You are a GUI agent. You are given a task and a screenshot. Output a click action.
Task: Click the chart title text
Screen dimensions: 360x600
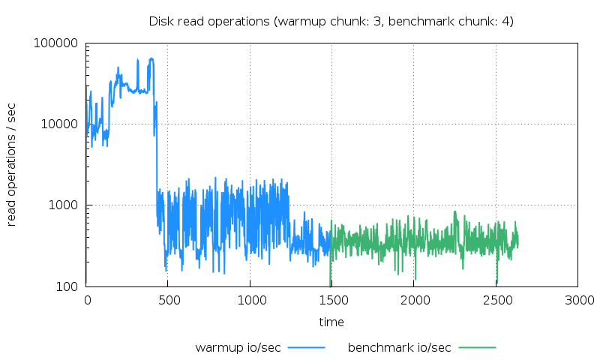click(331, 21)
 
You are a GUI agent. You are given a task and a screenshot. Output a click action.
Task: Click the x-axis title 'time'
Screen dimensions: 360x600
click(331, 322)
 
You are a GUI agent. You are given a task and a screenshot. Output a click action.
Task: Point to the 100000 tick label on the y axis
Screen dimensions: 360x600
click(56, 43)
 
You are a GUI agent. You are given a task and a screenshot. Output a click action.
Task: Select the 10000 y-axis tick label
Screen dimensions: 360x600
click(59, 124)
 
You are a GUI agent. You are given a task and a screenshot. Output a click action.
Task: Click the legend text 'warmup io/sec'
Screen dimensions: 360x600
click(238, 347)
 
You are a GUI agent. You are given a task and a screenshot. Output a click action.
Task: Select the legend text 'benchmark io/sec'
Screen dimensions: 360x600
click(400, 347)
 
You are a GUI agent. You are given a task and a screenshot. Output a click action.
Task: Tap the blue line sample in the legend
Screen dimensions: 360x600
click(306, 347)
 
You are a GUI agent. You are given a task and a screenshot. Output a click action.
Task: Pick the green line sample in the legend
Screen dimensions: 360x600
click(478, 347)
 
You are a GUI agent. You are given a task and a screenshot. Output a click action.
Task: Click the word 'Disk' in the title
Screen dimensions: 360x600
click(160, 21)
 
